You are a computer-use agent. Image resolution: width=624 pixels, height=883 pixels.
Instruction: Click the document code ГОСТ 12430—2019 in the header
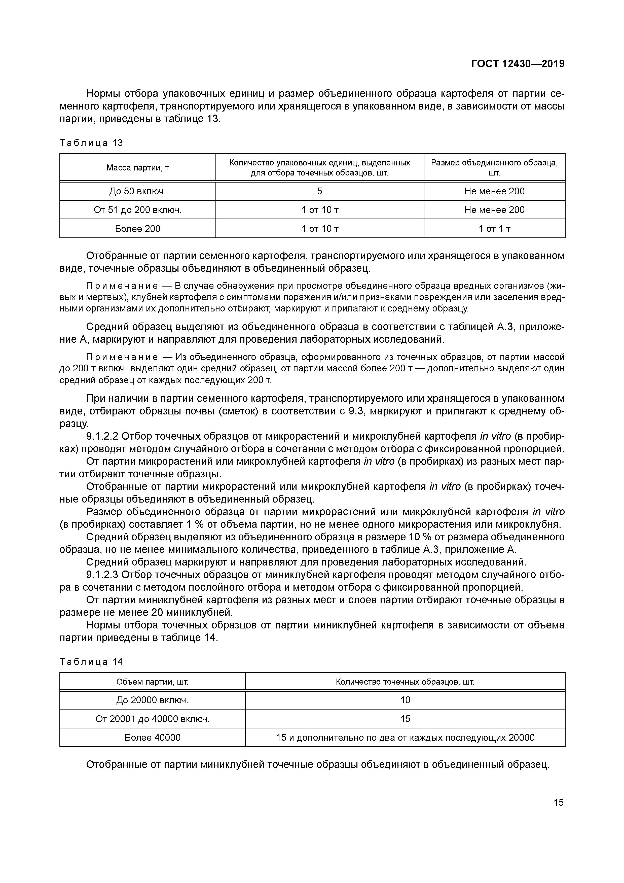[x=518, y=64]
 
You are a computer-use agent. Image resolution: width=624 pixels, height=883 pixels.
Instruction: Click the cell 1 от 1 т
[x=494, y=229]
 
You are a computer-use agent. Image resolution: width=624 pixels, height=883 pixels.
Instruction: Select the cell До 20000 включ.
[x=152, y=700]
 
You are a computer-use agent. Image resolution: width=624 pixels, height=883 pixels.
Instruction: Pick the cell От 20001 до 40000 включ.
[x=152, y=719]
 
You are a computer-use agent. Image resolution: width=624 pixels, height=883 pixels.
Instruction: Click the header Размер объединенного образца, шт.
[x=494, y=168]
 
